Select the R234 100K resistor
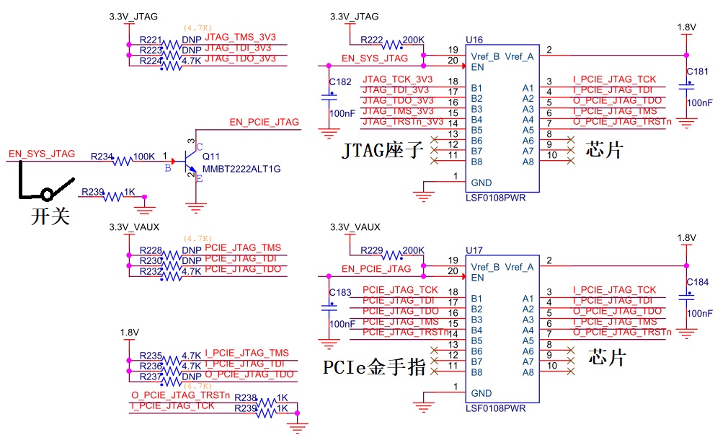123,161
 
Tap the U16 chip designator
474,39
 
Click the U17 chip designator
474,250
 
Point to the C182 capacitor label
340,82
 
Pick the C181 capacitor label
698,71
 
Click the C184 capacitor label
698,282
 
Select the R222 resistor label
372,39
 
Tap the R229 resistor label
372,250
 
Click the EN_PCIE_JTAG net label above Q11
264,122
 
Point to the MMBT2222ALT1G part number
241,169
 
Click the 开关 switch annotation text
50,216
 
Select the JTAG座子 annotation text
382,151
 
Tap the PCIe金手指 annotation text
374,368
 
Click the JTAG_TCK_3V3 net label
398,79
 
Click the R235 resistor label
151,356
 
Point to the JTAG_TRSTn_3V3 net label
403,121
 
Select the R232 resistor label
151,271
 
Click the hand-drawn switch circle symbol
48,195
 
